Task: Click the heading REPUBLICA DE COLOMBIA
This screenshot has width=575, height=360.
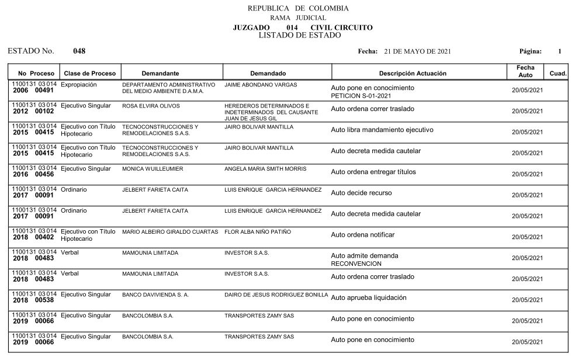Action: (298, 8)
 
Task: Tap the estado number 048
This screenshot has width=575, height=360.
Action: (79, 51)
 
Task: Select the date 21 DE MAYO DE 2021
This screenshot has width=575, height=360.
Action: (417, 51)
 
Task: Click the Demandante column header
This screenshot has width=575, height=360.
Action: (160, 74)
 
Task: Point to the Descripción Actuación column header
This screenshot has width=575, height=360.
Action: (413, 74)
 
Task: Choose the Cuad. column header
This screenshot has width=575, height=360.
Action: (558, 74)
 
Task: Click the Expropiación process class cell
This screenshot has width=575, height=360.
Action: (79, 85)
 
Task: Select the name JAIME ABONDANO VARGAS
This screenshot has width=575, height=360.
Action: (261, 85)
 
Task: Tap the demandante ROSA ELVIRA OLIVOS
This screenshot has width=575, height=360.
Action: (151, 106)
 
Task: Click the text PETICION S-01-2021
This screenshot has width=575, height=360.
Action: (361, 95)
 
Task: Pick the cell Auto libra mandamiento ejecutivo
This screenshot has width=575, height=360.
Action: (382, 130)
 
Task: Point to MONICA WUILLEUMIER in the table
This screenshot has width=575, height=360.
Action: (153, 169)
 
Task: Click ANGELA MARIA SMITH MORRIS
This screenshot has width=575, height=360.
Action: (265, 169)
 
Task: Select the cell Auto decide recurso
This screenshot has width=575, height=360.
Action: (361, 193)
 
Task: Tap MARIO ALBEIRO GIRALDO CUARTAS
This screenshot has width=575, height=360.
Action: (170, 232)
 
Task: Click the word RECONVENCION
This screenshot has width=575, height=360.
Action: (356, 263)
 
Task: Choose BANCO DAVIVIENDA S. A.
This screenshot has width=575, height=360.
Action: (155, 295)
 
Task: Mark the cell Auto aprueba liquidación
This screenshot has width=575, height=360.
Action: (368, 297)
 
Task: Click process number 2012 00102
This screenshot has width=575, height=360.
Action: (33, 111)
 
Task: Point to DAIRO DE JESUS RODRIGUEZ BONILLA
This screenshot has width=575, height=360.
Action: (276, 295)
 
